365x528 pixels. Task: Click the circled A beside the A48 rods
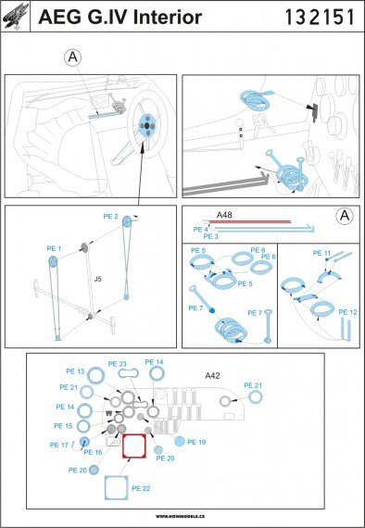coord(342,217)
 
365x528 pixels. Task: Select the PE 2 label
coord(136,216)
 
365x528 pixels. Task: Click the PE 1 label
coord(53,249)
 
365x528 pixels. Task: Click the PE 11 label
coord(321,252)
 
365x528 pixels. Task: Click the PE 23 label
coord(117,364)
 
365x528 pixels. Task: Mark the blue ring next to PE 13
coord(95,374)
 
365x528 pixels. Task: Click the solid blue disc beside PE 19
coord(177,442)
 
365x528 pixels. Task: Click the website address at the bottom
coord(182,516)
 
